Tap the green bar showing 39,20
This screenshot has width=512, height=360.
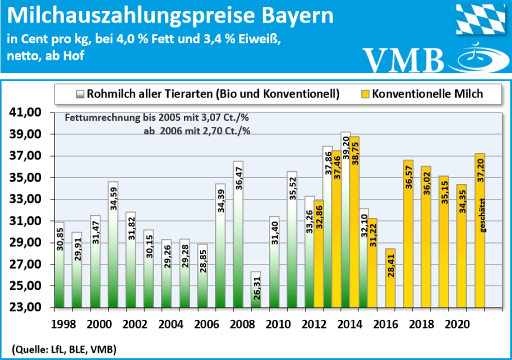(345, 220)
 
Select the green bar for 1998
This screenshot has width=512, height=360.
(58, 264)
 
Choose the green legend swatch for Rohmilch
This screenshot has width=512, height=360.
(80, 93)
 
